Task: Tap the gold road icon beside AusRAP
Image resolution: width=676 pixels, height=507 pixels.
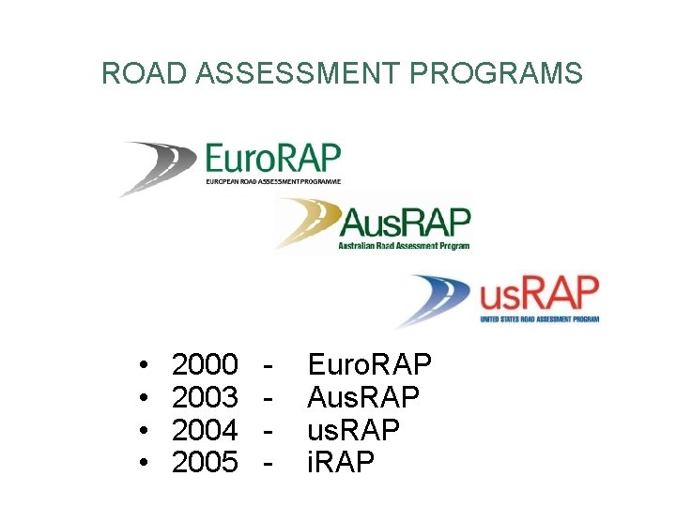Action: [x=304, y=225]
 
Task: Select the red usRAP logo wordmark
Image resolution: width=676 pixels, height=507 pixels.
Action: [x=539, y=295]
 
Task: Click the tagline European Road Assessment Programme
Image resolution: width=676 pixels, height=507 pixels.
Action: [x=273, y=181]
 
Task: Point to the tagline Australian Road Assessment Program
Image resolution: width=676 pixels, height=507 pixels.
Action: [x=405, y=247]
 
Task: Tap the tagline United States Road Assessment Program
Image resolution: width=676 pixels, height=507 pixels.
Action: [x=539, y=319]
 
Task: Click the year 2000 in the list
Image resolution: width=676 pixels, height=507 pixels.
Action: [x=206, y=363]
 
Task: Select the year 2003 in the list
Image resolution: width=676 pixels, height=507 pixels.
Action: [x=206, y=397]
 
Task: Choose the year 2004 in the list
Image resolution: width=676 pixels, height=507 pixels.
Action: [x=206, y=430]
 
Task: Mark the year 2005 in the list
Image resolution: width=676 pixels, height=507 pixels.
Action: [x=206, y=463]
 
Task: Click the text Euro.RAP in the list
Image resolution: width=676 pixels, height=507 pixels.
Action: [x=370, y=363]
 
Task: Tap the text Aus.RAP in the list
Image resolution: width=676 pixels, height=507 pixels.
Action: [x=364, y=397]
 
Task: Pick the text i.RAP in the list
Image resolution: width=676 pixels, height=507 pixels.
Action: [x=341, y=463]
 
